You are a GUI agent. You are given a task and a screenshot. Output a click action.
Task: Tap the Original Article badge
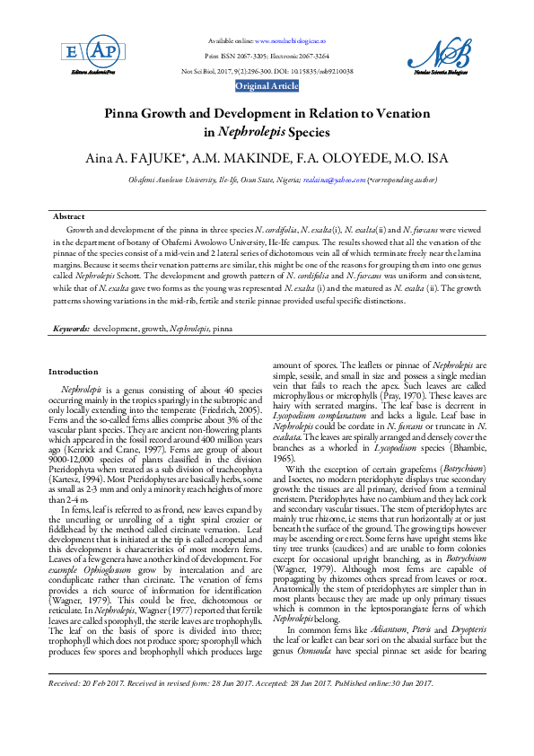267,85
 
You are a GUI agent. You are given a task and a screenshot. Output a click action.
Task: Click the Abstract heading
68,217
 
